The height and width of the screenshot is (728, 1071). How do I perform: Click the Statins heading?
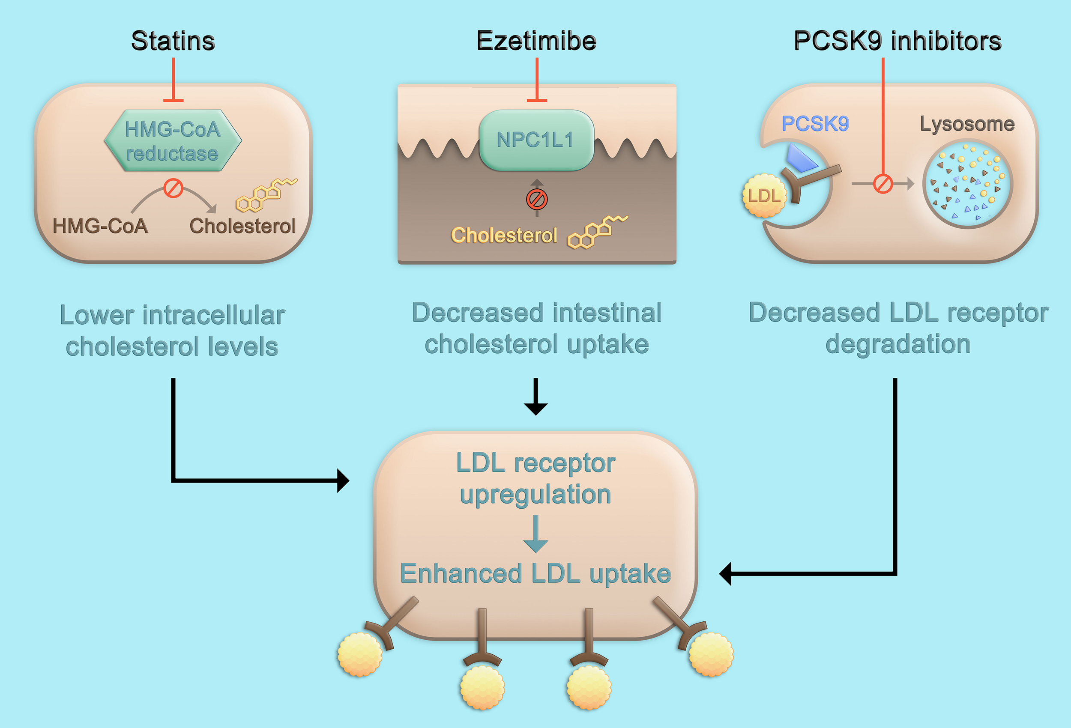click(x=173, y=41)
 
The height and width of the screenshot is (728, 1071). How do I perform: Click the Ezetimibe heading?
click(x=536, y=41)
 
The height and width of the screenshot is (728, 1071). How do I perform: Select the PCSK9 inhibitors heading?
click(x=897, y=41)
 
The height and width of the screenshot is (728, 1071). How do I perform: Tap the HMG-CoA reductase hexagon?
click(x=173, y=141)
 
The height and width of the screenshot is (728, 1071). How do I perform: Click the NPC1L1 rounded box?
click(x=536, y=140)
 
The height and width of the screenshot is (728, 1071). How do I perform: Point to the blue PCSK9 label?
click(x=815, y=123)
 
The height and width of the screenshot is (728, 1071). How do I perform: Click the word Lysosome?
click(x=967, y=123)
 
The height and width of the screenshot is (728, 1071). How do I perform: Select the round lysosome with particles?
click(x=967, y=183)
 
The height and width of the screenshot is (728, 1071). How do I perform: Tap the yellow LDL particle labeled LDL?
click(x=763, y=196)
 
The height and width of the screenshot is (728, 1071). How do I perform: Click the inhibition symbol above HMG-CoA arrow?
click(x=173, y=188)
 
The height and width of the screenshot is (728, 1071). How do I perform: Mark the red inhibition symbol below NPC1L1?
click(x=536, y=200)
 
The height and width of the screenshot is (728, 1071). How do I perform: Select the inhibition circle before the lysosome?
click(x=883, y=184)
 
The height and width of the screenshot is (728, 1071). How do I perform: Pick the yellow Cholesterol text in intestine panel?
click(x=504, y=236)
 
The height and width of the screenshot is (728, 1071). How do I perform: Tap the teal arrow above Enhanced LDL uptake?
click(x=535, y=534)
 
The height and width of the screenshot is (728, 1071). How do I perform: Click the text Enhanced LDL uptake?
click(x=535, y=574)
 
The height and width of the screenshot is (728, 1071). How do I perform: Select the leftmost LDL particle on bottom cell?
click(x=359, y=654)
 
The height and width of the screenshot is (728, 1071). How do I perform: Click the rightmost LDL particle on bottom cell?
click(x=711, y=654)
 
